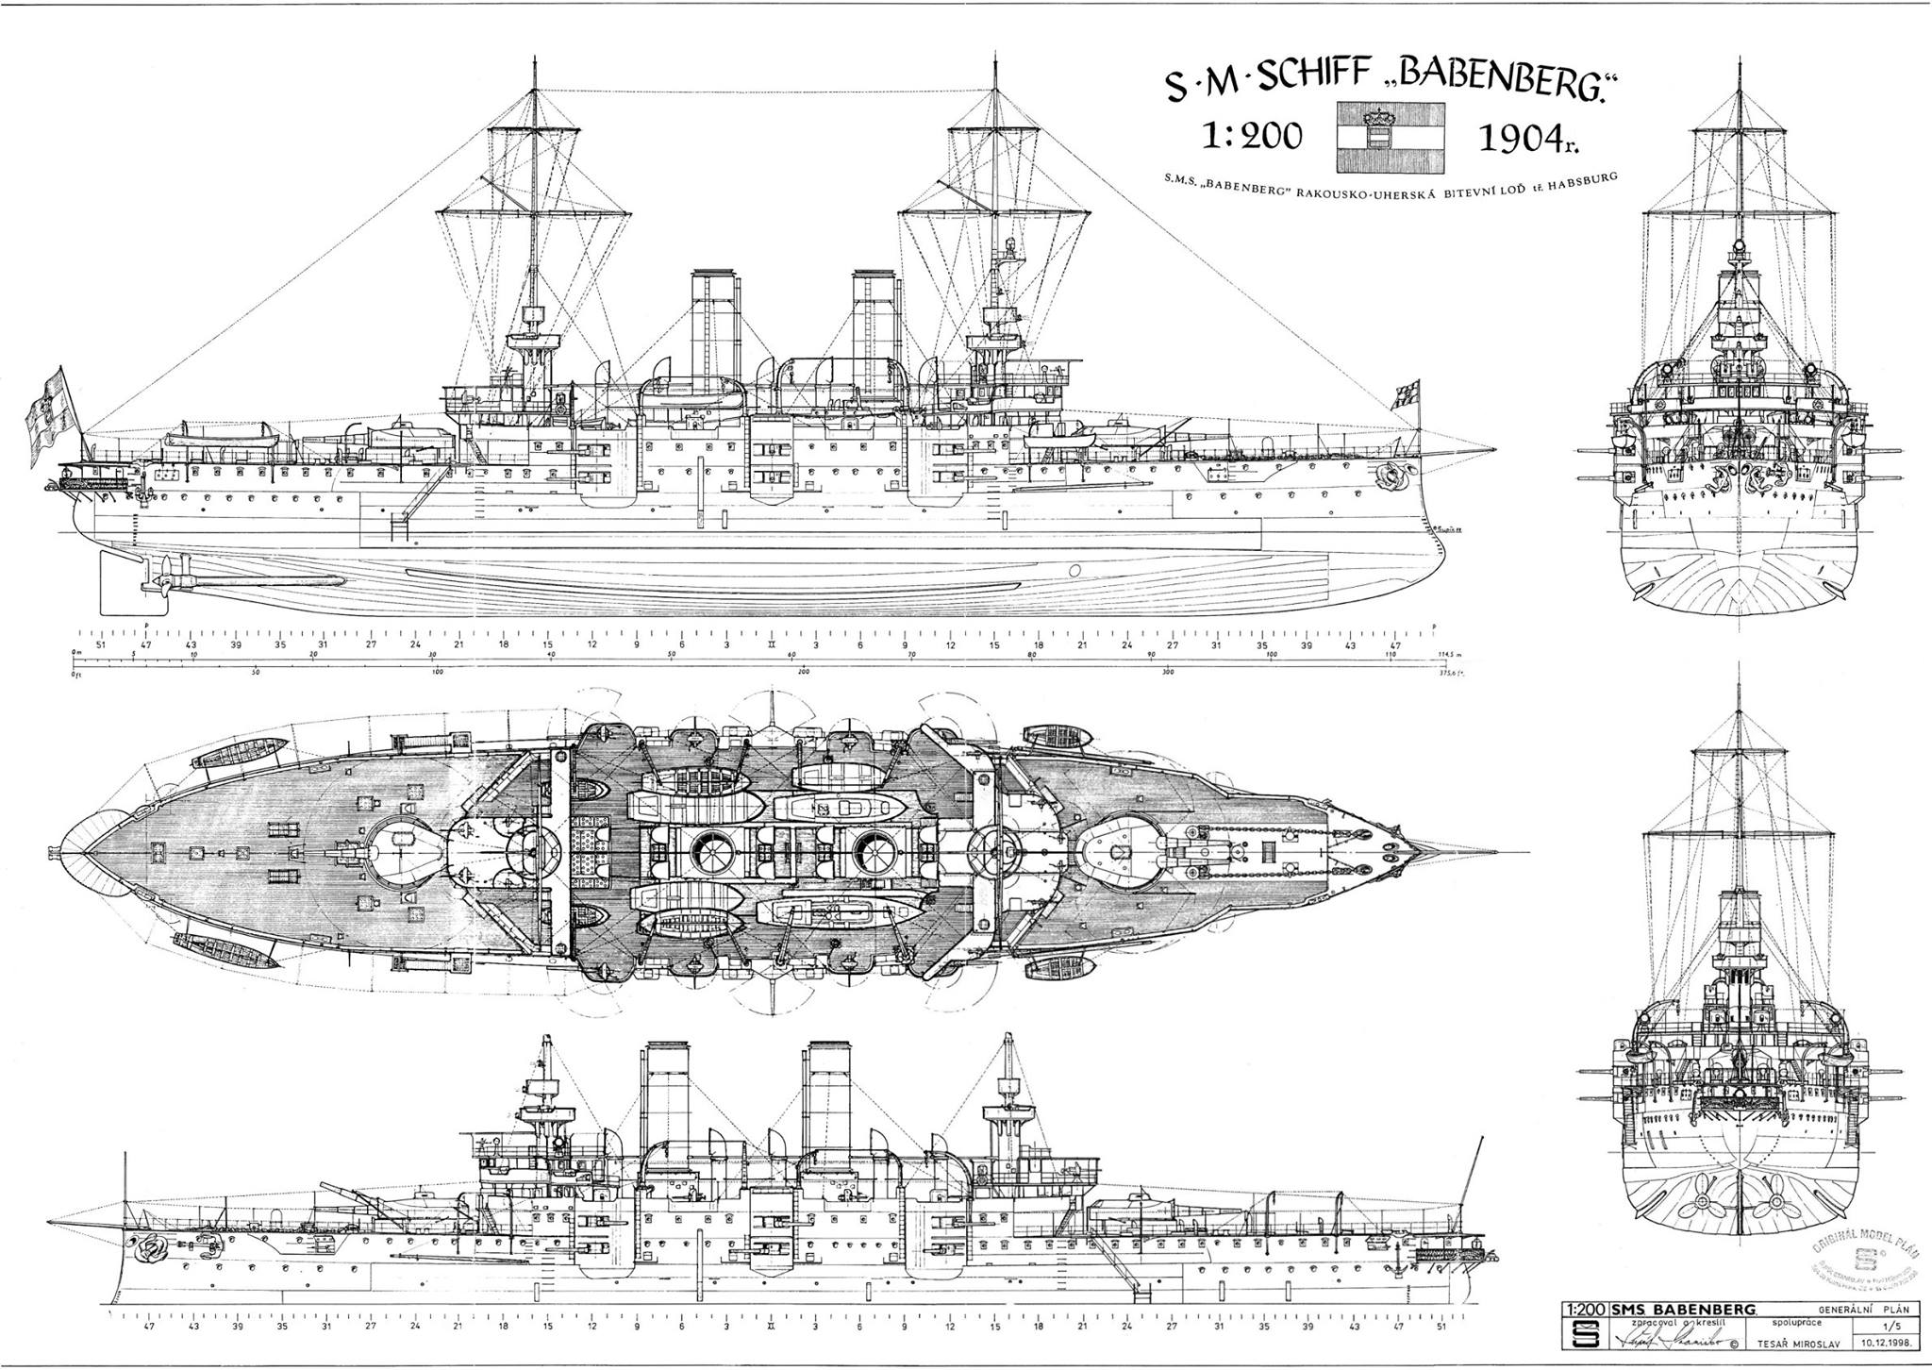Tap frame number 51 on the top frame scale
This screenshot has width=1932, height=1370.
101,645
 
